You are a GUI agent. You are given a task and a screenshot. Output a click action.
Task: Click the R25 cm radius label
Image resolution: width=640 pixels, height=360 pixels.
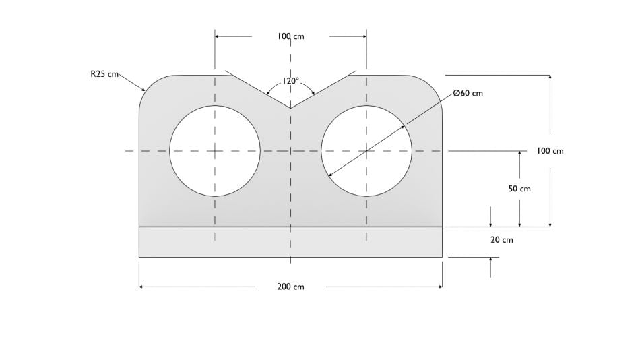coord(104,74)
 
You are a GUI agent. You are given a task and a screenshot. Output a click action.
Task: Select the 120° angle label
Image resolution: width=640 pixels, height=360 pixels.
coord(290,80)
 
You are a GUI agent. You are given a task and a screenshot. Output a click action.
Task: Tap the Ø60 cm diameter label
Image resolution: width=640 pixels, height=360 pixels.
coord(468,93)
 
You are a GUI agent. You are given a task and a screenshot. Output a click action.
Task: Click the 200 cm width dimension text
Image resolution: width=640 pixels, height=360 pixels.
coord(290,287)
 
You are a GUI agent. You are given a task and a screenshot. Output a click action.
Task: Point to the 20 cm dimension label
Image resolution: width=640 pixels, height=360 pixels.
coord(501,239)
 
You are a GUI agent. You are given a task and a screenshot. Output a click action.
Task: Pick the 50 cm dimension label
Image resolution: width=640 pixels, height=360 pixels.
coord(519,189)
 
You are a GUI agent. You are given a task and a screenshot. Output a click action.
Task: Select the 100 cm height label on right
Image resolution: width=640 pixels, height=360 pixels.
coord(550,151)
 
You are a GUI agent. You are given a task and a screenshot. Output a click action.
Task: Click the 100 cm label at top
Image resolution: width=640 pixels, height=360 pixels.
coord(290,36)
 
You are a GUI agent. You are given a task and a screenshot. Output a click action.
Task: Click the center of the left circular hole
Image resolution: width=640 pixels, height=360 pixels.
coord(215,151)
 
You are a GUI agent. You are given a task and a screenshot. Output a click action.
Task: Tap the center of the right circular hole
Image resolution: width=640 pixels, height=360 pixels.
coord(366,151)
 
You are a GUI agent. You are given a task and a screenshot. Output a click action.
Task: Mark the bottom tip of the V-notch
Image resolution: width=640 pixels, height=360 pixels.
coord(290,107)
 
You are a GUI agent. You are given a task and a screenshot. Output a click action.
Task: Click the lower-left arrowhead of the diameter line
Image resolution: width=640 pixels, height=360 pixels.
coord(330,175)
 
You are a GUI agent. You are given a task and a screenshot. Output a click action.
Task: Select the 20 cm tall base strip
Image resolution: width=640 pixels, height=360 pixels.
coord(290,242)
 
